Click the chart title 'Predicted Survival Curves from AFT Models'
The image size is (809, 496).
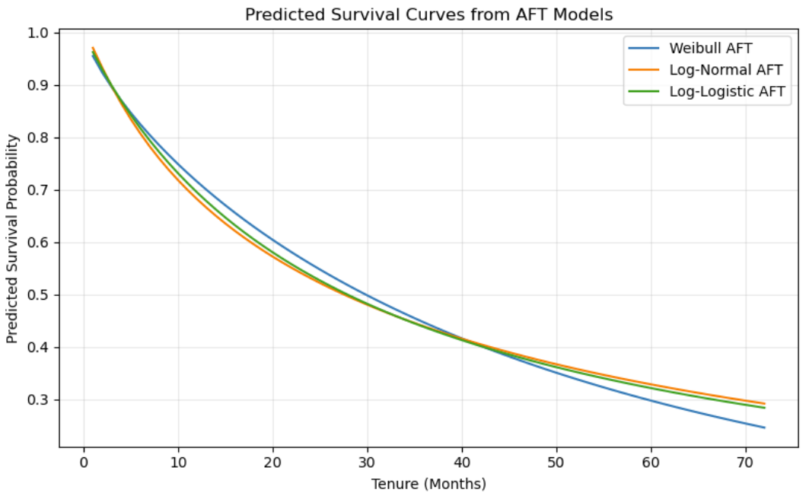[x=428, y=14]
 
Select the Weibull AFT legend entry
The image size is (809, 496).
[x=711, y=48]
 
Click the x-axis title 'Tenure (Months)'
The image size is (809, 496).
[x=428, y=483]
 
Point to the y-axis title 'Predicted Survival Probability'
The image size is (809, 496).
[x=12, y=239]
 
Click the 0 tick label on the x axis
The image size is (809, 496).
[x=84, y=462]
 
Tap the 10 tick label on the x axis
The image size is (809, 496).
[x=178, y=462]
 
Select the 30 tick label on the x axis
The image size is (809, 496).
[x=368, y=462]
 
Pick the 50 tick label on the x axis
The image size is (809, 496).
[x=556, y=462]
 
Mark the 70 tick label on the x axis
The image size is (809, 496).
[x=746, y=462]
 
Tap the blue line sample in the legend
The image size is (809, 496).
[x=645, y=48]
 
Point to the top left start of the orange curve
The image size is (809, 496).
[x=93, y=47]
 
